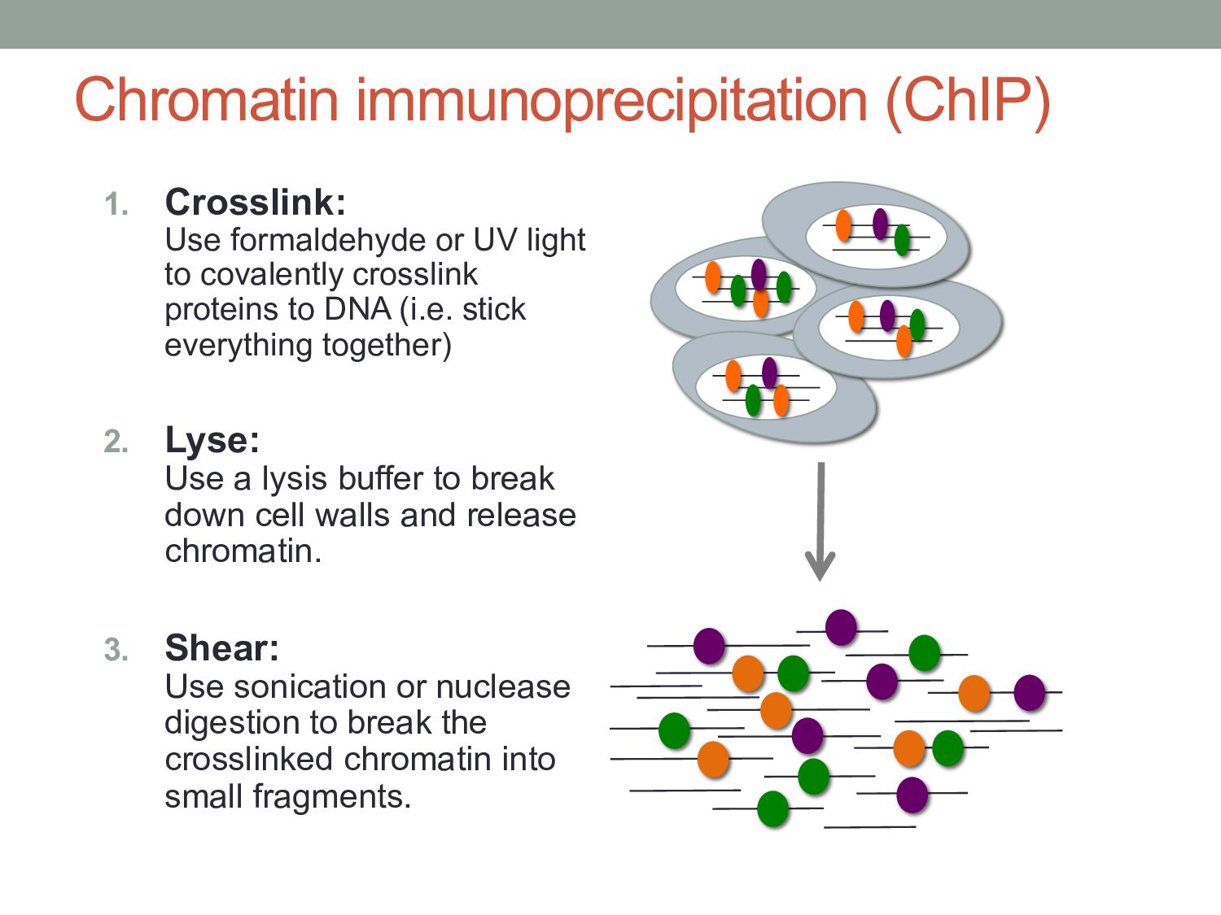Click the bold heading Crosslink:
click(x=255, y=202)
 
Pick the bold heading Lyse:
click(x=212, y=440)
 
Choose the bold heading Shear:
click(x=221, y=648)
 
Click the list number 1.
click(x=116, y=204)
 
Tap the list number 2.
click(x=116, y=442)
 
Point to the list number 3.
click(x=116, y=650)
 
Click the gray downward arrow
click(x=821, y=521)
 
